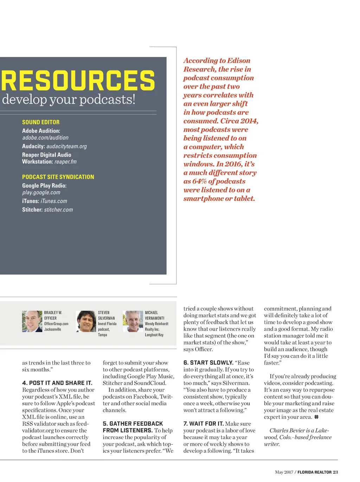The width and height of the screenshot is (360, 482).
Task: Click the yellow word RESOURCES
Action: (78, 80)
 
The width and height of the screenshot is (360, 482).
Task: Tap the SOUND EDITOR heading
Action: (41, 122)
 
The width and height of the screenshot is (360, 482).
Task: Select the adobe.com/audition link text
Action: (45, 138)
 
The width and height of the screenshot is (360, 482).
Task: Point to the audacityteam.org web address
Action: (66, 146)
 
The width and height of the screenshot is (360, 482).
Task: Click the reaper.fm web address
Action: (65, 162)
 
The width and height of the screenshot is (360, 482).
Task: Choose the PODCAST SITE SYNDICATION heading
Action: (58, 177)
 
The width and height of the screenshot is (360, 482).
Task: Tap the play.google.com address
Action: (41, 192)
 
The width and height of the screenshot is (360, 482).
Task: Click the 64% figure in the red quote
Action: (199, 181)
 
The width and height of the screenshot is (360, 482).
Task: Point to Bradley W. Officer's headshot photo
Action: (32, 321)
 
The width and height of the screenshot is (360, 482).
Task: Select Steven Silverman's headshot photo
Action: (86, 321)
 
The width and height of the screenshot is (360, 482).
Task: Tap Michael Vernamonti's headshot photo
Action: (133, 321)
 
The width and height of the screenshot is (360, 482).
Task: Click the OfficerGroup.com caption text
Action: (56, 324)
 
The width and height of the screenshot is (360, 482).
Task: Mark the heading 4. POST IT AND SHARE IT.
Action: (57, 383)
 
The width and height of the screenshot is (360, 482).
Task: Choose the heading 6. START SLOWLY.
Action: (208, 363)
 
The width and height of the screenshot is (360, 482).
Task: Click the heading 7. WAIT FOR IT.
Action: (204, 424)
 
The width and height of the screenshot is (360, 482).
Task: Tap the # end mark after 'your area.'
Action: (316, 417)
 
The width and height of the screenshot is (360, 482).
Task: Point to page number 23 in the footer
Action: (335, 472)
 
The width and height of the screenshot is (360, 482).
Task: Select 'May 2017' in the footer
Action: (284, 472)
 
